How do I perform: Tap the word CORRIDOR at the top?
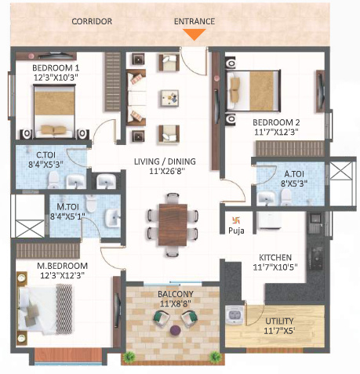point(92,21)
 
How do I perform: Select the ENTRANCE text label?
point(195,21)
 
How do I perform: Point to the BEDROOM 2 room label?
point(276,122)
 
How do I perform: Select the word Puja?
point(237,231)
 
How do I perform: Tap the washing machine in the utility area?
point(235,315)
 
